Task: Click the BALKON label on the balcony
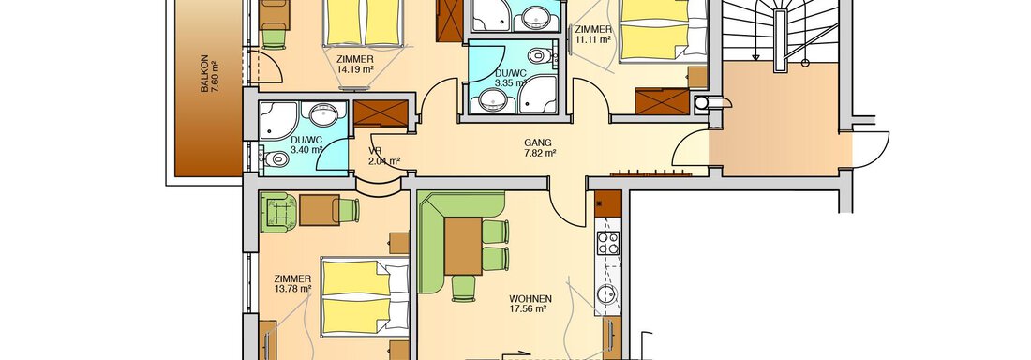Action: coord(204,73)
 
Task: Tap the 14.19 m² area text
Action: coord(356,68)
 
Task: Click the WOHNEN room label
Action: coord(530,298)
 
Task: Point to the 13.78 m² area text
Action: coord(292,288)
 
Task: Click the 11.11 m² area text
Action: coord(593,39)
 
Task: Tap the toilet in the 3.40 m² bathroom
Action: coord(275,157)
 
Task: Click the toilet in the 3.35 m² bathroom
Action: coord(540,56)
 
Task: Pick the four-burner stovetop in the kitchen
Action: coord(607,243)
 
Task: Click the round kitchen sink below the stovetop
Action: coord(607,292)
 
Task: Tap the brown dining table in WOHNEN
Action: coord(463,246)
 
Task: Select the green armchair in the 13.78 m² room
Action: coord(278,212)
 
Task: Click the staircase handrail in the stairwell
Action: coord(780,39)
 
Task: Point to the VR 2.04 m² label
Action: coord(384,156)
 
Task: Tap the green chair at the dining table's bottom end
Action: coord(464,288)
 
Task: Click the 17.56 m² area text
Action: coord(529,308)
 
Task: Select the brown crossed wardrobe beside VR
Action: coord(381,113)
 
